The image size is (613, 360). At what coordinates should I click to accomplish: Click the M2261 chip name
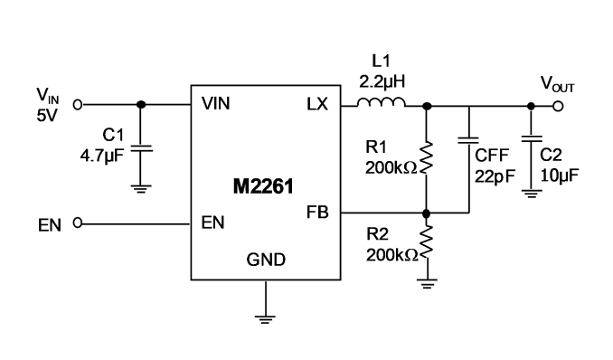pos(263,186)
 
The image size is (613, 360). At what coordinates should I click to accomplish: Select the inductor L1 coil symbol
pos(382,102)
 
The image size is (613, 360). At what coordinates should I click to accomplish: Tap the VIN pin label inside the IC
pos(216,104)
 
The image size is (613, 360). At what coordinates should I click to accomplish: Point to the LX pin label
pos(317,104)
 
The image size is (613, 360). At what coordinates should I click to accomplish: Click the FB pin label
pos(317,212)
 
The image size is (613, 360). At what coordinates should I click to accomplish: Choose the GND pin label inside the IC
pos(266,260)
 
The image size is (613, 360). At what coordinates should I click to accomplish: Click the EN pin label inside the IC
pos(213,223)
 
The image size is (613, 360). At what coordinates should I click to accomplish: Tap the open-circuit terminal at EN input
pos(78,223)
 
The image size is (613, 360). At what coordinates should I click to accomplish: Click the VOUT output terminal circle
pos(558,106)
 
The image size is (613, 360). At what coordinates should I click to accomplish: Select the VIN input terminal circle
pos(78,105)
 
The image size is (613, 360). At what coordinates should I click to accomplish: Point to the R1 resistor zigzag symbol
pos(426,157)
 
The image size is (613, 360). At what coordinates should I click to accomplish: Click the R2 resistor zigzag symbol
pos(426,242)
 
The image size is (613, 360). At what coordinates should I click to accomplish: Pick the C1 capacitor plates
pos(141,148)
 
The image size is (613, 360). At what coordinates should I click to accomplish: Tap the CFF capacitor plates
pos(468,140)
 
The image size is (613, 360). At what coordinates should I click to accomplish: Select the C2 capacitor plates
pos(532,138)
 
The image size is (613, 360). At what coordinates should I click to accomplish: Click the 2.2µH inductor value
pos(382,81)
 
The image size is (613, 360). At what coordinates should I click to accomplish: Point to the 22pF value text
pos(495,176)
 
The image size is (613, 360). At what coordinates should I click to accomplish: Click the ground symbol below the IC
pos(266,319)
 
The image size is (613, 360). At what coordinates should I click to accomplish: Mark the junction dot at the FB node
pos(427,213)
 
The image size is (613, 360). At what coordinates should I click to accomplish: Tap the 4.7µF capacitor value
pos(102,156)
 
